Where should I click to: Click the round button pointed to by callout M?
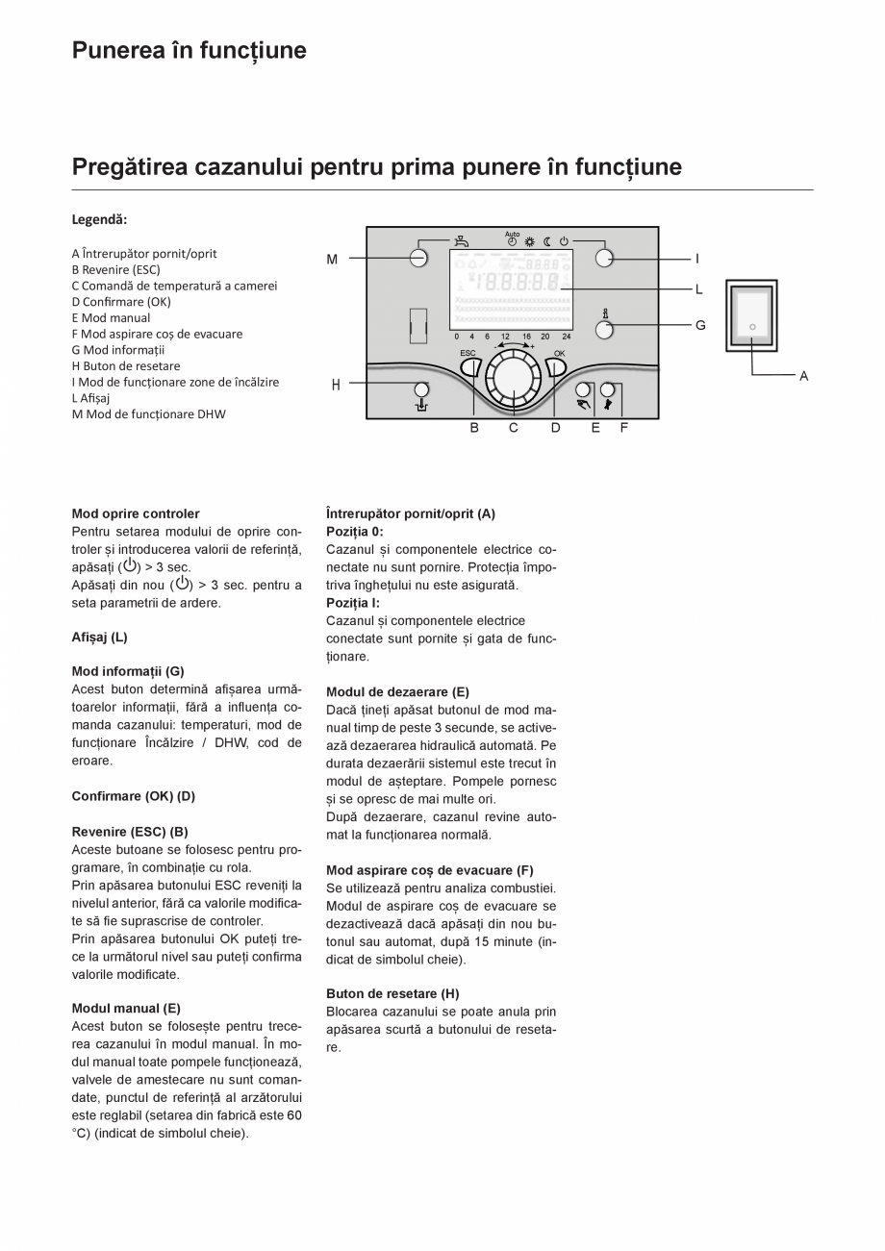(418, 258)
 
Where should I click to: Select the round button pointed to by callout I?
(604, 258)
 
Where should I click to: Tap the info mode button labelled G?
(604, 330)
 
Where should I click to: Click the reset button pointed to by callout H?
(421, 389)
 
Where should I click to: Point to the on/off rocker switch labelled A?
(751, 318)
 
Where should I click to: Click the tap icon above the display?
(463, 242)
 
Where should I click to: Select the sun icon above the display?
(529, 241)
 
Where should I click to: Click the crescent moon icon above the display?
(546, 241)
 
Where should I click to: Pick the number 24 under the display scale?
(567, 337)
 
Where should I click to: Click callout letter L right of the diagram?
(699, 288)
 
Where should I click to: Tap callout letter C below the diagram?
(514, 428)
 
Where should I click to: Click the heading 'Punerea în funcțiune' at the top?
(190, 50)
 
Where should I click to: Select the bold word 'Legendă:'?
(99, 219)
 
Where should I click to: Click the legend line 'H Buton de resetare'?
(126, 365)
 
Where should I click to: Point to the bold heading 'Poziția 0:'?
(354, 531)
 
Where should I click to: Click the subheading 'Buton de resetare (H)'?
(392, 993)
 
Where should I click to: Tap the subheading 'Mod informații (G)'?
(128, 671)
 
